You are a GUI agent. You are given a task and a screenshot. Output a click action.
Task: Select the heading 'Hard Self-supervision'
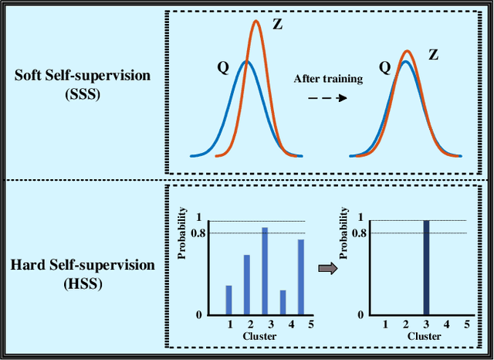click(x=83, y=265)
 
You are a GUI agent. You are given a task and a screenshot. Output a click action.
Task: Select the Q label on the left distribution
click(x=223, y=67)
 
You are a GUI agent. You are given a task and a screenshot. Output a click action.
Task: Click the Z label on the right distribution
click(x=434, y=55)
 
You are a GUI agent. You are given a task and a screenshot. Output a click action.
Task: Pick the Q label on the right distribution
click(x=384, y=67)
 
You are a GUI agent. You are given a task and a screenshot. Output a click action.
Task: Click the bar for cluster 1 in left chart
click(x=228, y=300)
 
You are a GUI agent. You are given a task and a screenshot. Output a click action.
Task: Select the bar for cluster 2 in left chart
click(x=247, y=284)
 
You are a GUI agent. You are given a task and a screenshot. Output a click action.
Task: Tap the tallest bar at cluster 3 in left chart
click(x=265, y=271)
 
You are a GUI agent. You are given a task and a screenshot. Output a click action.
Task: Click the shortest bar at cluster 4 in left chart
click(x=283, y=302)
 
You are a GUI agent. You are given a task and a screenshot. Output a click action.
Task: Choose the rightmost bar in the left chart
click(x=301, y=277)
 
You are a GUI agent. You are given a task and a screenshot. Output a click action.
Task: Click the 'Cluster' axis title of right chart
click(x=425, y=336)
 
